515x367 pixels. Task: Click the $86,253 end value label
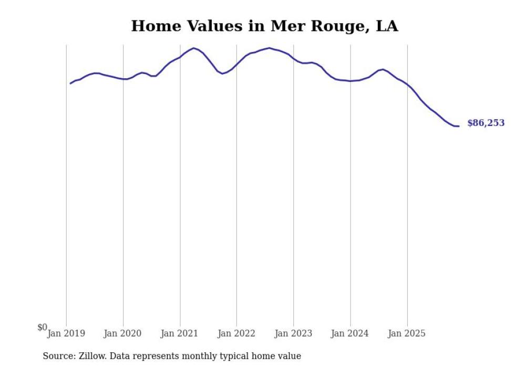tap(486, 123)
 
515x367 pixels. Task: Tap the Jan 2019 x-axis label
tap(66, 333)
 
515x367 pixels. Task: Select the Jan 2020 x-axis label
tap(123, 333)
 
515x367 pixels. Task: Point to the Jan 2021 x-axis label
tap(180, 333)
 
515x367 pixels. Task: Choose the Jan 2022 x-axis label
tap(236, 333)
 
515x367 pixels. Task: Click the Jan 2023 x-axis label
tap(293, 333)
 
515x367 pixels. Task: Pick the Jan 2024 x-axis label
tap(350, 333)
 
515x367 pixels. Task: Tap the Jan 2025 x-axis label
tap(407, 333)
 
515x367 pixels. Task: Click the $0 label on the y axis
tap(42, 328)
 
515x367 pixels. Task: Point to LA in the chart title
tap(387, 26)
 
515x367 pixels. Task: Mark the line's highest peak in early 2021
tap(194, 48)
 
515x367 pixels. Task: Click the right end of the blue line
tap(459, 126)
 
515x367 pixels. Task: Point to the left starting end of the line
tap(70, 83)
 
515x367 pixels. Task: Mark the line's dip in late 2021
tap(222, 74)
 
